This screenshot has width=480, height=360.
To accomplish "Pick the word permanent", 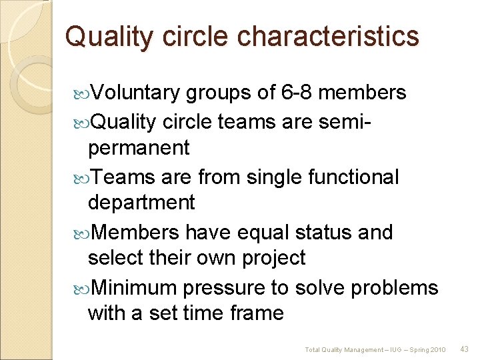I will (x=139, y=147).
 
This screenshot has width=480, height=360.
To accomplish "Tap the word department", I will (x=141, y=202).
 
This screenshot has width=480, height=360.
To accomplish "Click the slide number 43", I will (x=465, y=349).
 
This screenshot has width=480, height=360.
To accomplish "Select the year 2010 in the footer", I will (x=438, y=349).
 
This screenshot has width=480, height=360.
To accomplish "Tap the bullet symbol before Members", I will (x=83, y=233).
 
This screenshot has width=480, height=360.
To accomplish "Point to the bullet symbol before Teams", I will (x=83, y=177).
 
